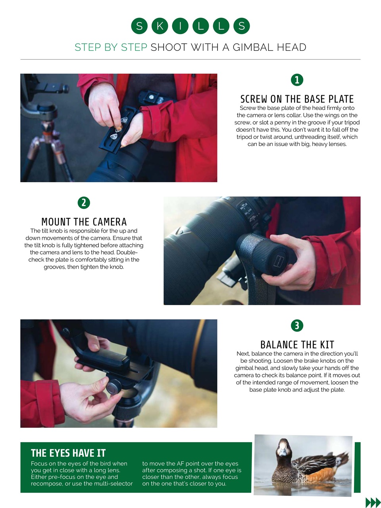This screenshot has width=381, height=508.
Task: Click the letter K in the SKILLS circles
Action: pos(160,26)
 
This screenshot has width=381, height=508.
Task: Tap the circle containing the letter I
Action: pos(180,26)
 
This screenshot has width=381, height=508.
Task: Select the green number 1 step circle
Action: pos(297,80)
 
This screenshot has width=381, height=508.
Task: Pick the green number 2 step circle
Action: pos(84,203)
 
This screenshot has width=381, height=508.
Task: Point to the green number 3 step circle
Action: pos(297,325)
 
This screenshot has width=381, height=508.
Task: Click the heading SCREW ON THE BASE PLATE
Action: pos(297,99)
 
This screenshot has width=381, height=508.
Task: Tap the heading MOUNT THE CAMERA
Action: pos(84,221)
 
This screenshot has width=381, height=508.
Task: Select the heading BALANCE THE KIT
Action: pos(297,344)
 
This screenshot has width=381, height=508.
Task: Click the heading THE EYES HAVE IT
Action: pos(68,453)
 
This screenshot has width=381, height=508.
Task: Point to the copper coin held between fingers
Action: pos(117,129)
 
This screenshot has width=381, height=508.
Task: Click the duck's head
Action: pos(283,447)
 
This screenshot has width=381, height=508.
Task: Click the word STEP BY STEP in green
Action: pos(111,47)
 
